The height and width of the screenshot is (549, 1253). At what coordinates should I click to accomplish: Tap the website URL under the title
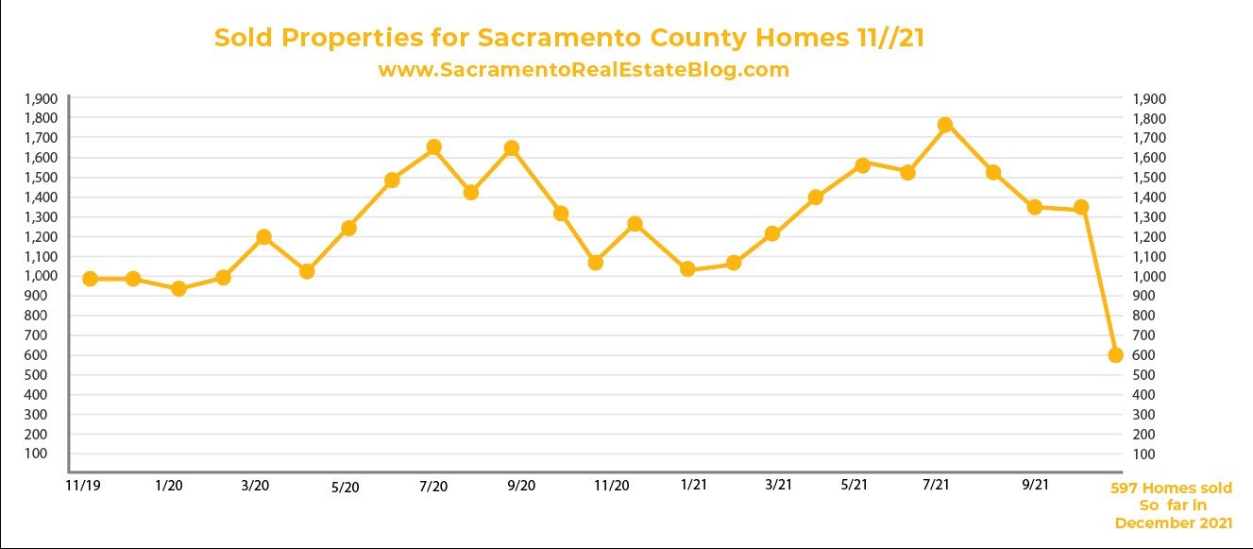click(x=583, y=70)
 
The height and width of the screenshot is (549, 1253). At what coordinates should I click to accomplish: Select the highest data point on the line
click(x=945, y=125)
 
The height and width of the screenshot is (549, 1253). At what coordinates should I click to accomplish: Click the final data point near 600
click(x=1115, y=355)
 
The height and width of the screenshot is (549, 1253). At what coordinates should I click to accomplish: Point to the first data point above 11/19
click(x=90, y=279)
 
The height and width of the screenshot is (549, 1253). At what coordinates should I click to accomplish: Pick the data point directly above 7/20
click(x=434, y=147)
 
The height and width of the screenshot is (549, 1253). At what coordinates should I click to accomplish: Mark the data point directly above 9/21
click(x=1035, y=207)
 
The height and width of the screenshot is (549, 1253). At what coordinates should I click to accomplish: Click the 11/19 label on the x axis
click(x=83, y=485)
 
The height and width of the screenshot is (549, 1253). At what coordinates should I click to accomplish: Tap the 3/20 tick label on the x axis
click(x=255, y=486)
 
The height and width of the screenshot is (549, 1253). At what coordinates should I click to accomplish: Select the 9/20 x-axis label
click(x=521, y=486)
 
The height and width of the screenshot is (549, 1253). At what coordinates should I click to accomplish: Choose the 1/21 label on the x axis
click(x=693, y=486)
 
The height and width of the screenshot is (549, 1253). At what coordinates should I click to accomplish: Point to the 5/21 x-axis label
click(x=854, y=485)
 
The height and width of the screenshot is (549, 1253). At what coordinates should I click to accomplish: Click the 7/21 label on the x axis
click(x=936, y=485)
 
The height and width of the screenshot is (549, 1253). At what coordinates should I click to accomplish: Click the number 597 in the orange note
click(x=1124, y=489)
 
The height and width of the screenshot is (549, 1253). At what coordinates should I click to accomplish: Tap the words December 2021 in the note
click(x=1174, y=523)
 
